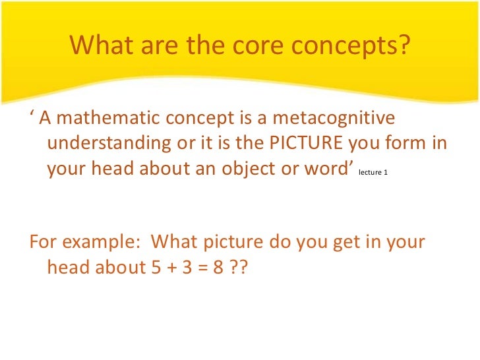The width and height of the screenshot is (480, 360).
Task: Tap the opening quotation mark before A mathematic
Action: (x=32, y=115)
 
